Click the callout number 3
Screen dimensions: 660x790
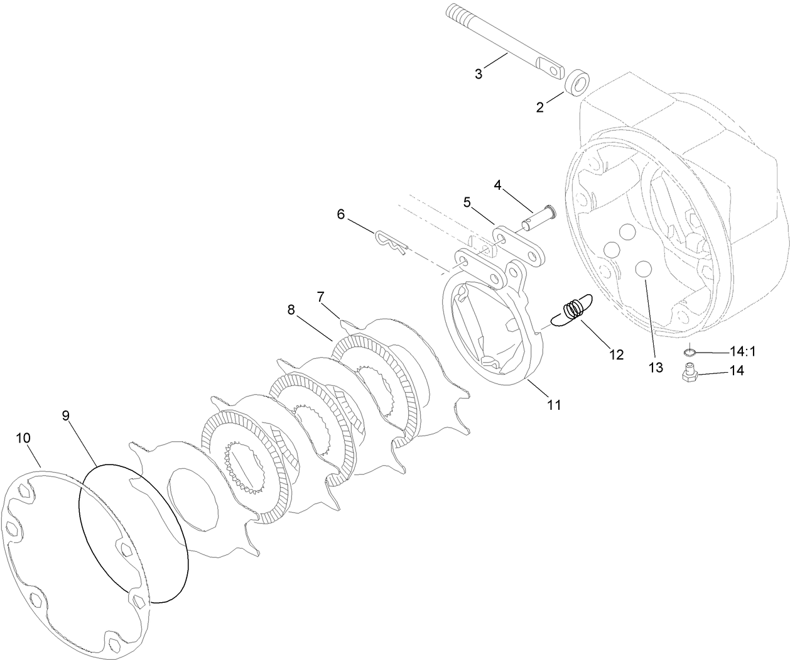point(479,74)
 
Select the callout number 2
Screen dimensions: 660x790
point(540,107)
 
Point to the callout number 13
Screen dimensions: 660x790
point(656,368)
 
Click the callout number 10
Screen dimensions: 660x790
point(23,437)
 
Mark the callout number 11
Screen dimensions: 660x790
point(553,405)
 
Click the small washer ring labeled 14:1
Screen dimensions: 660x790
point(690,352)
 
